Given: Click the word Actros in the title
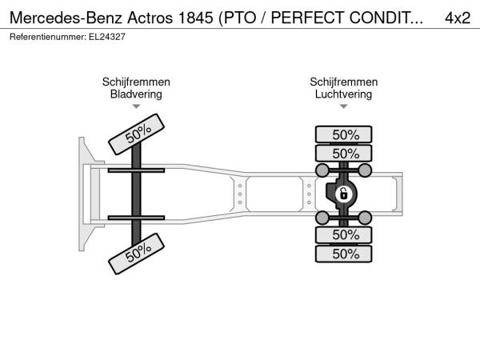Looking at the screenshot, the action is pos(150,18).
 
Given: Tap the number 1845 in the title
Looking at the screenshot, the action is pos(195,18).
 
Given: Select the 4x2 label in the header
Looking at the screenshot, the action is pos(458,18).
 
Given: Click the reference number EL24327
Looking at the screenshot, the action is pos(107,37).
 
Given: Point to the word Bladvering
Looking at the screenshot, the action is pos(136,94).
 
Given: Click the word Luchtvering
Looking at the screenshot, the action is pos(343,94).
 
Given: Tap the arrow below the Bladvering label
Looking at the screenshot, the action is pos(136,106).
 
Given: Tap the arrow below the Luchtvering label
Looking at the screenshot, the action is pos(344,106).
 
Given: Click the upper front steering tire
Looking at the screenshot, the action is pos(136,134).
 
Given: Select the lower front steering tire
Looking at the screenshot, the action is pos(136,254).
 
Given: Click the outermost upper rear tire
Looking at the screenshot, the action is pos(344,134).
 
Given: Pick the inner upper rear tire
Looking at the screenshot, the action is pos(344,154).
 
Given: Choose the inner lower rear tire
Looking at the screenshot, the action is pos(344,235).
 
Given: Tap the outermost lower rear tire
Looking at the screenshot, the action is pos(344,254).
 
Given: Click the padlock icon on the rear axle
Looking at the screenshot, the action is pos(344,194).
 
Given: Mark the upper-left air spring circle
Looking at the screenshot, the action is pos(322,170).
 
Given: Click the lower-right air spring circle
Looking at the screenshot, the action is pos(365,218).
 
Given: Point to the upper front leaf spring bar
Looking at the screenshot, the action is pos(136,170).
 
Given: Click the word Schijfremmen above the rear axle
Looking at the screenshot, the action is pos(343,82).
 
